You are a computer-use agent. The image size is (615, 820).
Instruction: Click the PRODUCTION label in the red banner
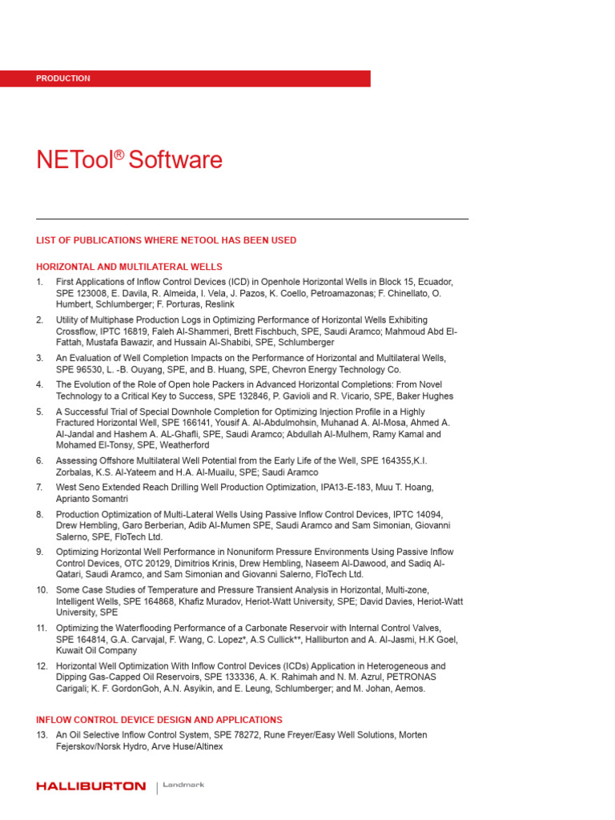click(x=63, y=78)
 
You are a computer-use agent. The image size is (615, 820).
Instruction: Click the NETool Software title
click(x=129, y=160)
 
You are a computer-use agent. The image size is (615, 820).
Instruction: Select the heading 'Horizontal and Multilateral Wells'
click(x=129, y=267)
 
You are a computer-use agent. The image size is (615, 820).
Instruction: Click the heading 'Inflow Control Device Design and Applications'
click(x=159, y=720)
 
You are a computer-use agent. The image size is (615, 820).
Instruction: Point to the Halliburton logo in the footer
click(x=90, y=786)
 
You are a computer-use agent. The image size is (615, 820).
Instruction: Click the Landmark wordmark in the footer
click(x=183, y=786)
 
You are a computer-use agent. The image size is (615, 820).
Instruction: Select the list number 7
click(x=39, y=487)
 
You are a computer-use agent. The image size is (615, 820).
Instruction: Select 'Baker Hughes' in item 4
click(x=426, y=396)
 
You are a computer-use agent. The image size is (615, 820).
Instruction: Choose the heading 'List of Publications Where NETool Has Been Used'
click(x=166, y=240)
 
